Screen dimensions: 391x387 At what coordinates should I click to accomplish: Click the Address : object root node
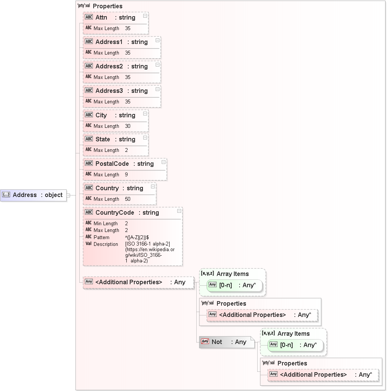point(33,195)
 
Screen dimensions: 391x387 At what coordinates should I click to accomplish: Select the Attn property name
point(101,18)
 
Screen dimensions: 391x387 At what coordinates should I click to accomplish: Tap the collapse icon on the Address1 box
point(158,40)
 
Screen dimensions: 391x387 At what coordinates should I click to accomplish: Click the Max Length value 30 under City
point(127,126)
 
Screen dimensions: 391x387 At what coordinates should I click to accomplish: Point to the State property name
point(103,139)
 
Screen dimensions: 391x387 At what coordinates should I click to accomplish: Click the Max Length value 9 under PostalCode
point(126,175)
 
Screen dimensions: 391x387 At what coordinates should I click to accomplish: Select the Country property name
point(107,188)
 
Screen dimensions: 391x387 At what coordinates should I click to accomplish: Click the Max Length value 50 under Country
point(127,199)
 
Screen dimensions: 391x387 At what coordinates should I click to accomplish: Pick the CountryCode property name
point(114,213)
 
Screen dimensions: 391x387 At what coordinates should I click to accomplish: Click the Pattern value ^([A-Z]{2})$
point(137,238)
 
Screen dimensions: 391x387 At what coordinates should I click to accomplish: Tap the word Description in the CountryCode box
point(106,244)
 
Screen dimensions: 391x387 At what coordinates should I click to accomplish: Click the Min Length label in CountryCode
point(105,224)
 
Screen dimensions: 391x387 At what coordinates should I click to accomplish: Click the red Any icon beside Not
point(205,342)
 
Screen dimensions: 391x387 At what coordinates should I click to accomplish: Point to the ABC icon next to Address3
point(89,91)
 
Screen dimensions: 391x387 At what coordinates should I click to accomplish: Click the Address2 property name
point(109,67)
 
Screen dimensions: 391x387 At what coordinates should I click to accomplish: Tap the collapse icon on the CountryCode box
point(179,211)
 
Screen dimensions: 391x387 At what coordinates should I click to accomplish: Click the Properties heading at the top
point(107,6)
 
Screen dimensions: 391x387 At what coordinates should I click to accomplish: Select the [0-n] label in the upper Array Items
point(225,285)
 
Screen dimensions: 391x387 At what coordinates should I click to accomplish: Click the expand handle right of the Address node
point(68,195)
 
